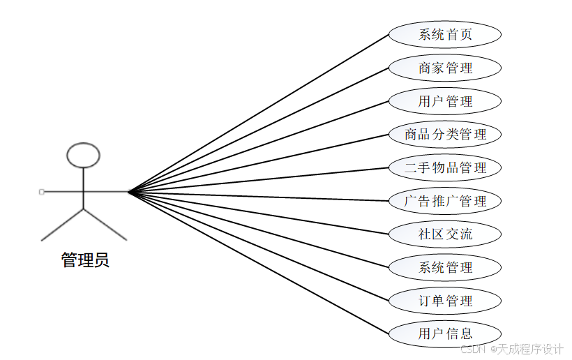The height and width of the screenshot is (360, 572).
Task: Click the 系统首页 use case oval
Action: [x=445, y=35]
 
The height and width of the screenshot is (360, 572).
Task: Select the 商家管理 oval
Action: [x=445, y=68]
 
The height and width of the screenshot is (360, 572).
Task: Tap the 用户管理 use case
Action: [x=445, y=101]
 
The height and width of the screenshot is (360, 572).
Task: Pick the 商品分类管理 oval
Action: [x=445, y=135]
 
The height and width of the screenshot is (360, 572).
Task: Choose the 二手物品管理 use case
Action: [x=445, y=168]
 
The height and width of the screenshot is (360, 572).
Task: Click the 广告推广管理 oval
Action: [x=445, y=201]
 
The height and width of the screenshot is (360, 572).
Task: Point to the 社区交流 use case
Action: [x=445, y=234]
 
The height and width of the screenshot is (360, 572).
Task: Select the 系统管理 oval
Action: [x=445, y=267]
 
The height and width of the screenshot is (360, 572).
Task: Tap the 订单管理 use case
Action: [x=445, y=301]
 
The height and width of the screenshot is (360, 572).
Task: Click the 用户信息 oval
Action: [x=445, y=333]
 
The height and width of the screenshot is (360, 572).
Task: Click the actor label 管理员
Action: [x=85, y=261]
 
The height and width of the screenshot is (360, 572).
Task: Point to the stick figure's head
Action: [x=84, y=155]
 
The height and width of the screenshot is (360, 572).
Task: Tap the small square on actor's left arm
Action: [x=42, y=191]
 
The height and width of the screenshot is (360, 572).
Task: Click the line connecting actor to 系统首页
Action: [x=258, y=113]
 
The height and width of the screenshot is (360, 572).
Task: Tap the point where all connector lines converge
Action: [x=129, y=191]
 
